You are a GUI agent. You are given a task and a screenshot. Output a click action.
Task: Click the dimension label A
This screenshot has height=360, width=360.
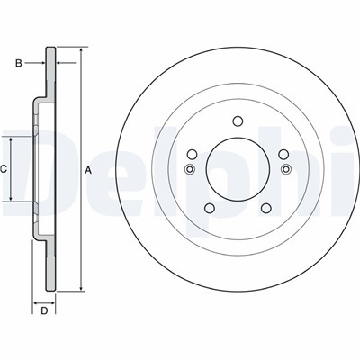pos(87,170)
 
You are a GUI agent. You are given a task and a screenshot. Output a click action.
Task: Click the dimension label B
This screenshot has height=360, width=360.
pos(19,63)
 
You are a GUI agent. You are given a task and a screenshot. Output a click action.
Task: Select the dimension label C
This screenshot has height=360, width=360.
pos(3,169)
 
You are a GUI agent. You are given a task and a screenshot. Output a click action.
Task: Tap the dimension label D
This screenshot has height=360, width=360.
pos(44,311)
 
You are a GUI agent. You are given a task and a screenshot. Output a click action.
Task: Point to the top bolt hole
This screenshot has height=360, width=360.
pos(238,121)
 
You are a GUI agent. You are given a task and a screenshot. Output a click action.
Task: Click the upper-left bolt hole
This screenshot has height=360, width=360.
pos(192,155)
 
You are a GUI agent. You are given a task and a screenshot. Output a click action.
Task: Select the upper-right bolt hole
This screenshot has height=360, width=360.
pos(283,155)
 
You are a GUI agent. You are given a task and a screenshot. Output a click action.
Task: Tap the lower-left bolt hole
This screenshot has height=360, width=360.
pos(210,208)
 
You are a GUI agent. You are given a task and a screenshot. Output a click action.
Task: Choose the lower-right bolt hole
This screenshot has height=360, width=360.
pos(266,208)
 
